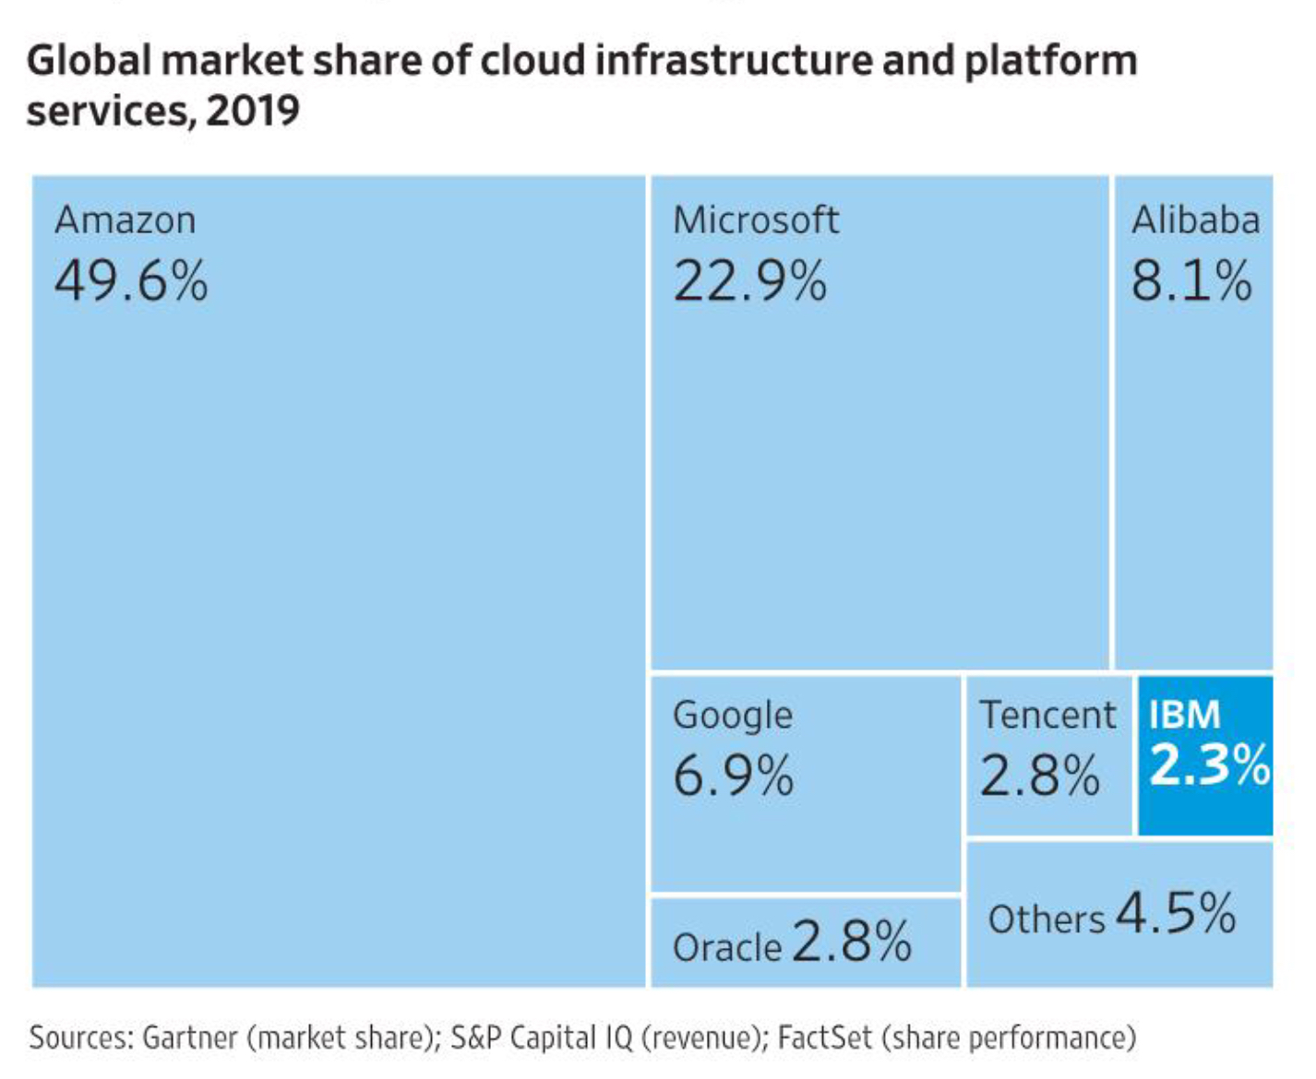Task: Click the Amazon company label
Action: coord(126,221)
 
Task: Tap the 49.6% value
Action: coord(131,281)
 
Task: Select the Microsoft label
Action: coord(756,221)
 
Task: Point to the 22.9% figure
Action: coord(749,281)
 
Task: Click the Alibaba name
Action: coord(1195,221)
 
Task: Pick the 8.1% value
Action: coord(1191,281)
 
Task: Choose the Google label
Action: coord(733,716)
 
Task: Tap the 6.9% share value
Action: coord(733,776)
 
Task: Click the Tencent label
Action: coord(1047,715)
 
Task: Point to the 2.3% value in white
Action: coord(1209,765)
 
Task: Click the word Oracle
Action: coord(727,948)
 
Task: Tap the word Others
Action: coord(1046,919)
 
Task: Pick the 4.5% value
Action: coord(1176,913)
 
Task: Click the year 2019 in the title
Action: coord(253,111)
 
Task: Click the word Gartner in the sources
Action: coord(190,1038)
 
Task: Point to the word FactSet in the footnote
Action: coord(824,1038)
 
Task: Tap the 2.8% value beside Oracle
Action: coord(851,942)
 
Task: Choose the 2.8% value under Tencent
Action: coord(1039,776)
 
